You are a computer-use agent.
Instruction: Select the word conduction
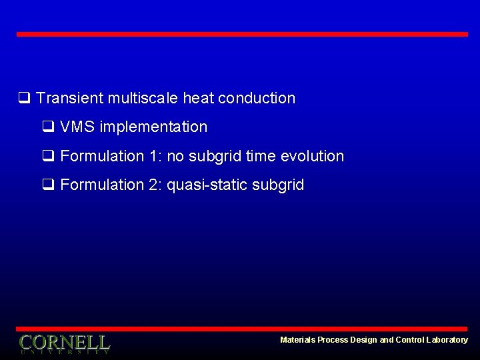(x=256, y=99)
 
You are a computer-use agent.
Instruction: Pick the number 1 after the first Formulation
(x=155, y=156)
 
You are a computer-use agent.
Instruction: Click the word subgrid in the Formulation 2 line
(x=278, y=185)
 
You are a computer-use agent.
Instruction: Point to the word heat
(x=198, y=99)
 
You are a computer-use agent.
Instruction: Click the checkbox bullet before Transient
(x=23, y=99)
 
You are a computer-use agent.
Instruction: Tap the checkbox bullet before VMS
(x=47, y=127)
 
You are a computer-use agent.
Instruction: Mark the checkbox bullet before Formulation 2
(x=47, y=185)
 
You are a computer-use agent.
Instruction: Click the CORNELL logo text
(x=65, y=343)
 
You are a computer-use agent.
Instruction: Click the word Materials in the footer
(x=297, y=340)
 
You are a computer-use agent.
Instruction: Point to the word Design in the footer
(x=363, y=340)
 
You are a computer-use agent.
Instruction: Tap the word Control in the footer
(x=409, y=340)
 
